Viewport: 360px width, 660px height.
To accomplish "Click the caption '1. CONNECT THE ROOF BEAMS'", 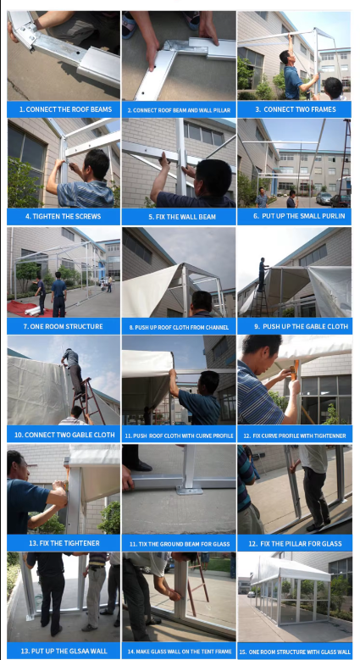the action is [65, 109].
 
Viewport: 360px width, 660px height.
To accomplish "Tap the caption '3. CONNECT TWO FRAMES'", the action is [295, 109].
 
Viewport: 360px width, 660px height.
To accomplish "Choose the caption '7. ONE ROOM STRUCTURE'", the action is [63, 326].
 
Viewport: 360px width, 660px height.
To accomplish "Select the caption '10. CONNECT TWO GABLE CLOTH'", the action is [64, 435].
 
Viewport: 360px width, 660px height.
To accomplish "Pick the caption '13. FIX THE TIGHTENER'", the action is [64, 543].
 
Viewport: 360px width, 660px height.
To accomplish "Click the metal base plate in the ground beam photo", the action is [189, 491].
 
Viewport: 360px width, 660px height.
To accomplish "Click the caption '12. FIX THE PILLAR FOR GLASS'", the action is [295, 543].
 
